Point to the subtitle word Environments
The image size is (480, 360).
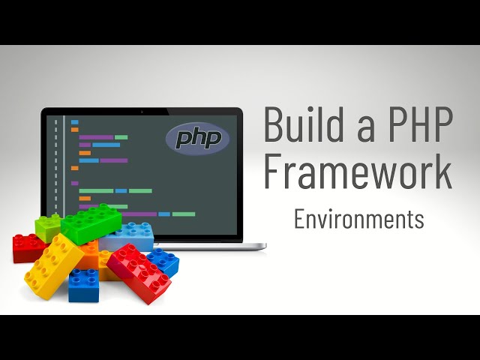click(358, 219)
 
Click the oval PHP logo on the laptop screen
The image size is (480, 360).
click(197, 138)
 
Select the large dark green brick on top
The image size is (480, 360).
click(91, 223)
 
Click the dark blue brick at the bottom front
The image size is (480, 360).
click(83, 286)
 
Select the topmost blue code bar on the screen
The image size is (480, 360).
click(74, 121)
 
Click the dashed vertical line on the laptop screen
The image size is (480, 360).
click(55, 165)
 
